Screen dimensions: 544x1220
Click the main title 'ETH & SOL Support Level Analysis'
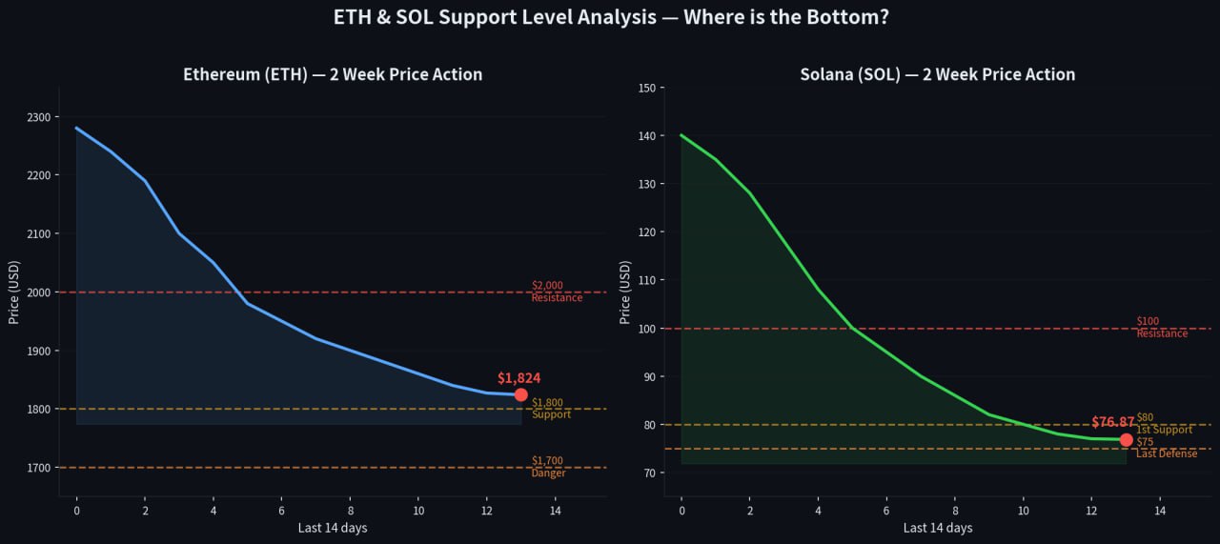coord(611,17)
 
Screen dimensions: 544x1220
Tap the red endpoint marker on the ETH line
coord(520,394)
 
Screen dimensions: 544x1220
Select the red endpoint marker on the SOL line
coord(1126,439)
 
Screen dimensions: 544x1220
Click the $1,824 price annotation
coord(518,378)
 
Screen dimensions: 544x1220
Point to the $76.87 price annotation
coord(1112,422)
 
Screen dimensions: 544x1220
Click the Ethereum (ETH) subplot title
coord(333,74)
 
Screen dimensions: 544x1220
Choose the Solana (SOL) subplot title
coord(937,74)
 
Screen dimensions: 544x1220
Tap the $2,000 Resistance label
coord(557,292)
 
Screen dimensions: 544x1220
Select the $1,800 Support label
coord(551,409)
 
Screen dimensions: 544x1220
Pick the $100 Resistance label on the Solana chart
coord(1162,328)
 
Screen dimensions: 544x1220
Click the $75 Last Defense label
coord(1166,448)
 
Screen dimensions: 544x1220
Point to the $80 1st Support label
coord(1164,423)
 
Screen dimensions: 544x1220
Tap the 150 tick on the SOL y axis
coord(647,89)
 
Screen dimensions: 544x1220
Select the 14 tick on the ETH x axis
coord(555,512)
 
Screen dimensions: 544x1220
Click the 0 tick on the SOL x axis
coord(681,512)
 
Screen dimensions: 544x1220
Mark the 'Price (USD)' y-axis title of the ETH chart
coord(15,292)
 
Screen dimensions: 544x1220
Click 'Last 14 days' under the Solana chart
coord(937,528)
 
